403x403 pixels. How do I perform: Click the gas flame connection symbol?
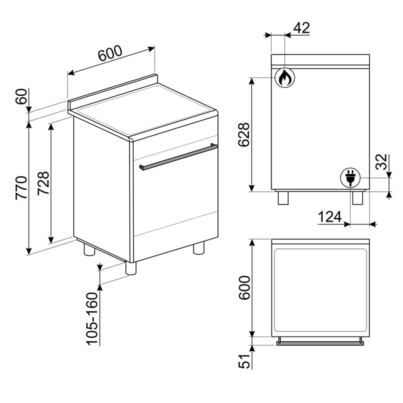(x=285, y=78)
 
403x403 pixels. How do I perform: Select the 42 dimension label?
(x=301, y=28)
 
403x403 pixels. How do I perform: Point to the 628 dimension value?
(x=244, y=135)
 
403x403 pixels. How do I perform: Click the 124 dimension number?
(x=330, y=216)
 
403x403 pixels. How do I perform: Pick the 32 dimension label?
(x=381, y=162)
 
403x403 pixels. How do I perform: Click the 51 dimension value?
(x=244, y=361)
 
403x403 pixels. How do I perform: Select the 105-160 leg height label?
(x=92, y=319)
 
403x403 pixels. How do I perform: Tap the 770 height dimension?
(x=21, y=187)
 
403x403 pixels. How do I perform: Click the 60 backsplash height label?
(x=22, y=96)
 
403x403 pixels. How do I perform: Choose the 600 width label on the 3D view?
(x=110, y=53)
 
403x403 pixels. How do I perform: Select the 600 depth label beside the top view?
(x=244, y=288)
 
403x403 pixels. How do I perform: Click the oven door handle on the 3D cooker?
(x=179, y=157)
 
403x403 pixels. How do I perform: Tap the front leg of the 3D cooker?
(x=131, y=268)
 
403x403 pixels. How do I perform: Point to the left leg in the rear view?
(x=283, y=198)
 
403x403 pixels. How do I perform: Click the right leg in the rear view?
(x=357, y=198)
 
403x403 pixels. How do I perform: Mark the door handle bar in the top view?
(x=320, y=342)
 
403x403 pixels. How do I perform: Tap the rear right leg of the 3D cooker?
(x=199, y=248)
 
